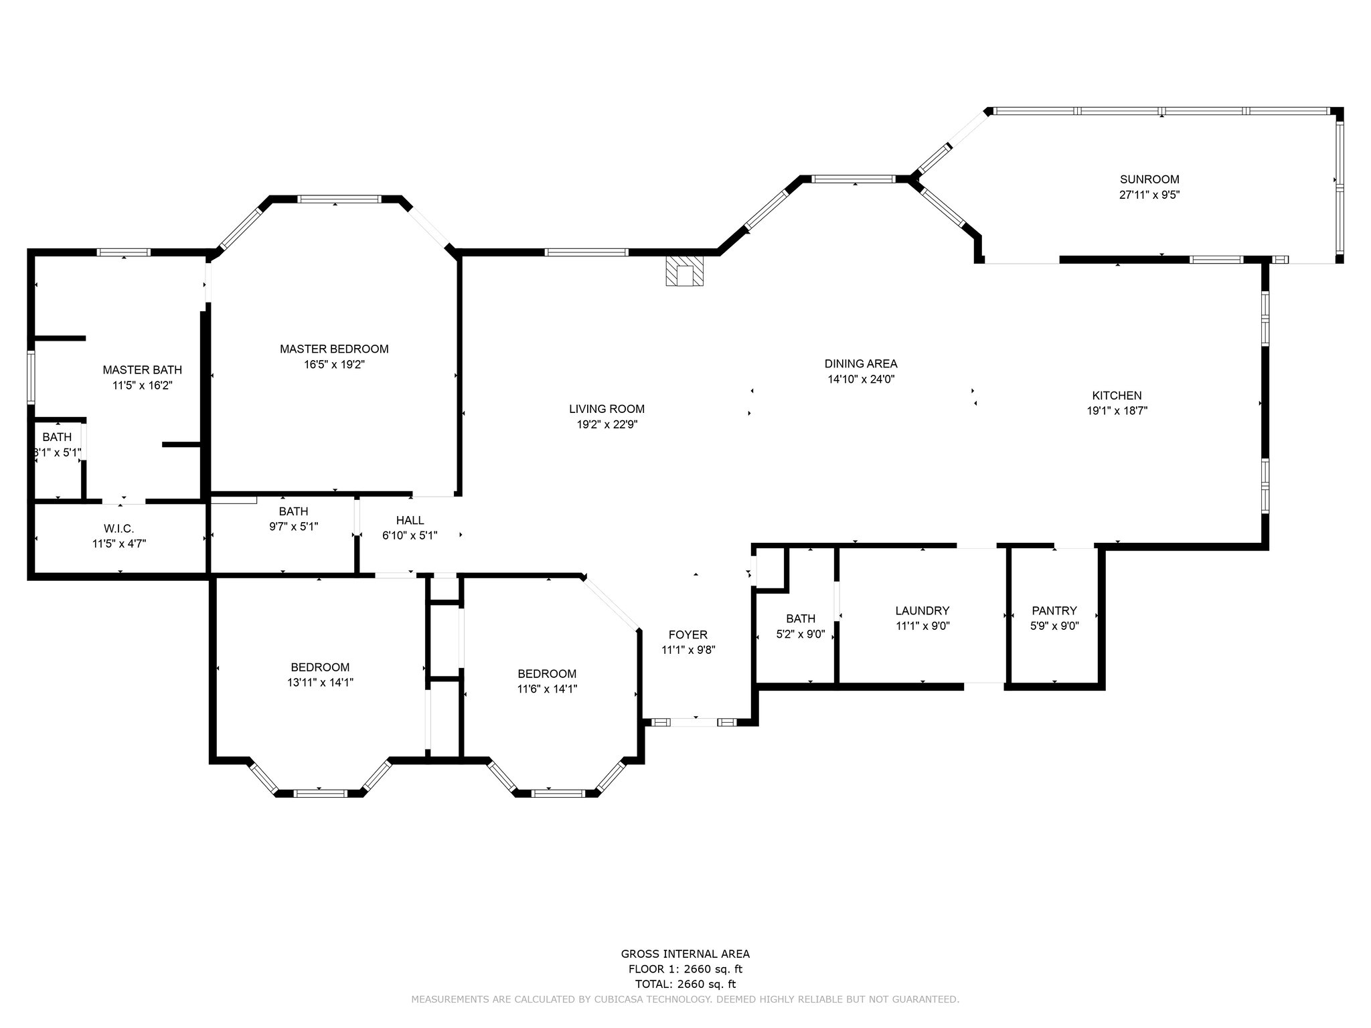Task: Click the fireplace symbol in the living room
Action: pos(685,271)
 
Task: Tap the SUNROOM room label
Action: pos(1149,179)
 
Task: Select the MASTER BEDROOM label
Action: pos(334,349)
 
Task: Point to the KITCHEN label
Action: pos(1117,396)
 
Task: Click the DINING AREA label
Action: pos(861,364)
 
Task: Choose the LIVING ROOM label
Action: pos(607,409)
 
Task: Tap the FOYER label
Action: pos(688,634)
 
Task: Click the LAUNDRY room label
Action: pos(922,610)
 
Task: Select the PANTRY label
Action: pos(1054,610)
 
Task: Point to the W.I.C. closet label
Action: pos(119,529)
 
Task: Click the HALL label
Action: pos(410,520)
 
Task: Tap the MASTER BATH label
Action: pos(142,369)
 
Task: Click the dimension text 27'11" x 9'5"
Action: pos(1149,195)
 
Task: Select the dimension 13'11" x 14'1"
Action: pos(320,683)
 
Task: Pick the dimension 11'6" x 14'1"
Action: pos(547,689)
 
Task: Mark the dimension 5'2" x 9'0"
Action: pos(801,634)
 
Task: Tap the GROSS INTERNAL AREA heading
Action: pos(685,954)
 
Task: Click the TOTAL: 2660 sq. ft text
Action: pos(685,984)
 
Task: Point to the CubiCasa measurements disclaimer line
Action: pos(685,999)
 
